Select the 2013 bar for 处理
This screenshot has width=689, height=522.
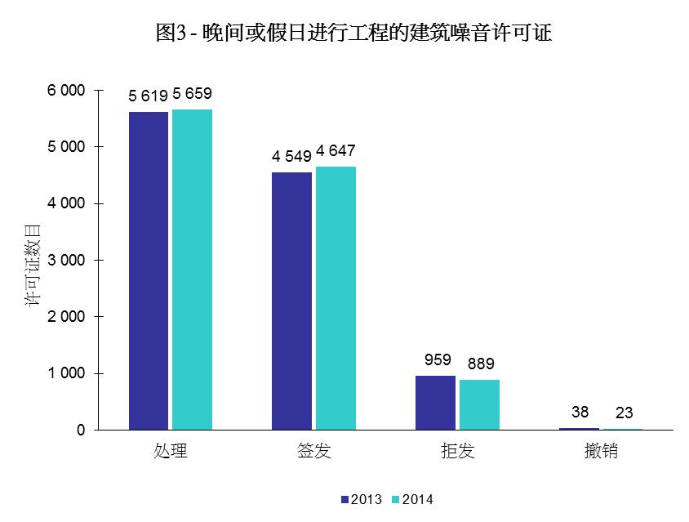tap(149, 270)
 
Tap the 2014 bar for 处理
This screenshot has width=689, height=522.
tap(193, 270)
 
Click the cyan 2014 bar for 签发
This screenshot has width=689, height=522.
tap(336, 298)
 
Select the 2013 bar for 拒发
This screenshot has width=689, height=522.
tap(435, 403)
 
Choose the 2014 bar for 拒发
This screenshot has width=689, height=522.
tap(479, 404)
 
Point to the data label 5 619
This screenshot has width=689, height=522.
tap(149, 96)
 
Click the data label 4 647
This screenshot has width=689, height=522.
tap(336, 151)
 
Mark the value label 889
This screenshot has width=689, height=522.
tap(481, 364)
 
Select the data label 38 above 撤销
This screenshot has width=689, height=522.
tap(580, 413)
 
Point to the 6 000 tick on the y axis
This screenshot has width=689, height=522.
tap(66, 91)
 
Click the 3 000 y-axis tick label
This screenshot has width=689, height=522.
tap(66, 261)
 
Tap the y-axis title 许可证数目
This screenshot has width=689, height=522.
tap(33, 261)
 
